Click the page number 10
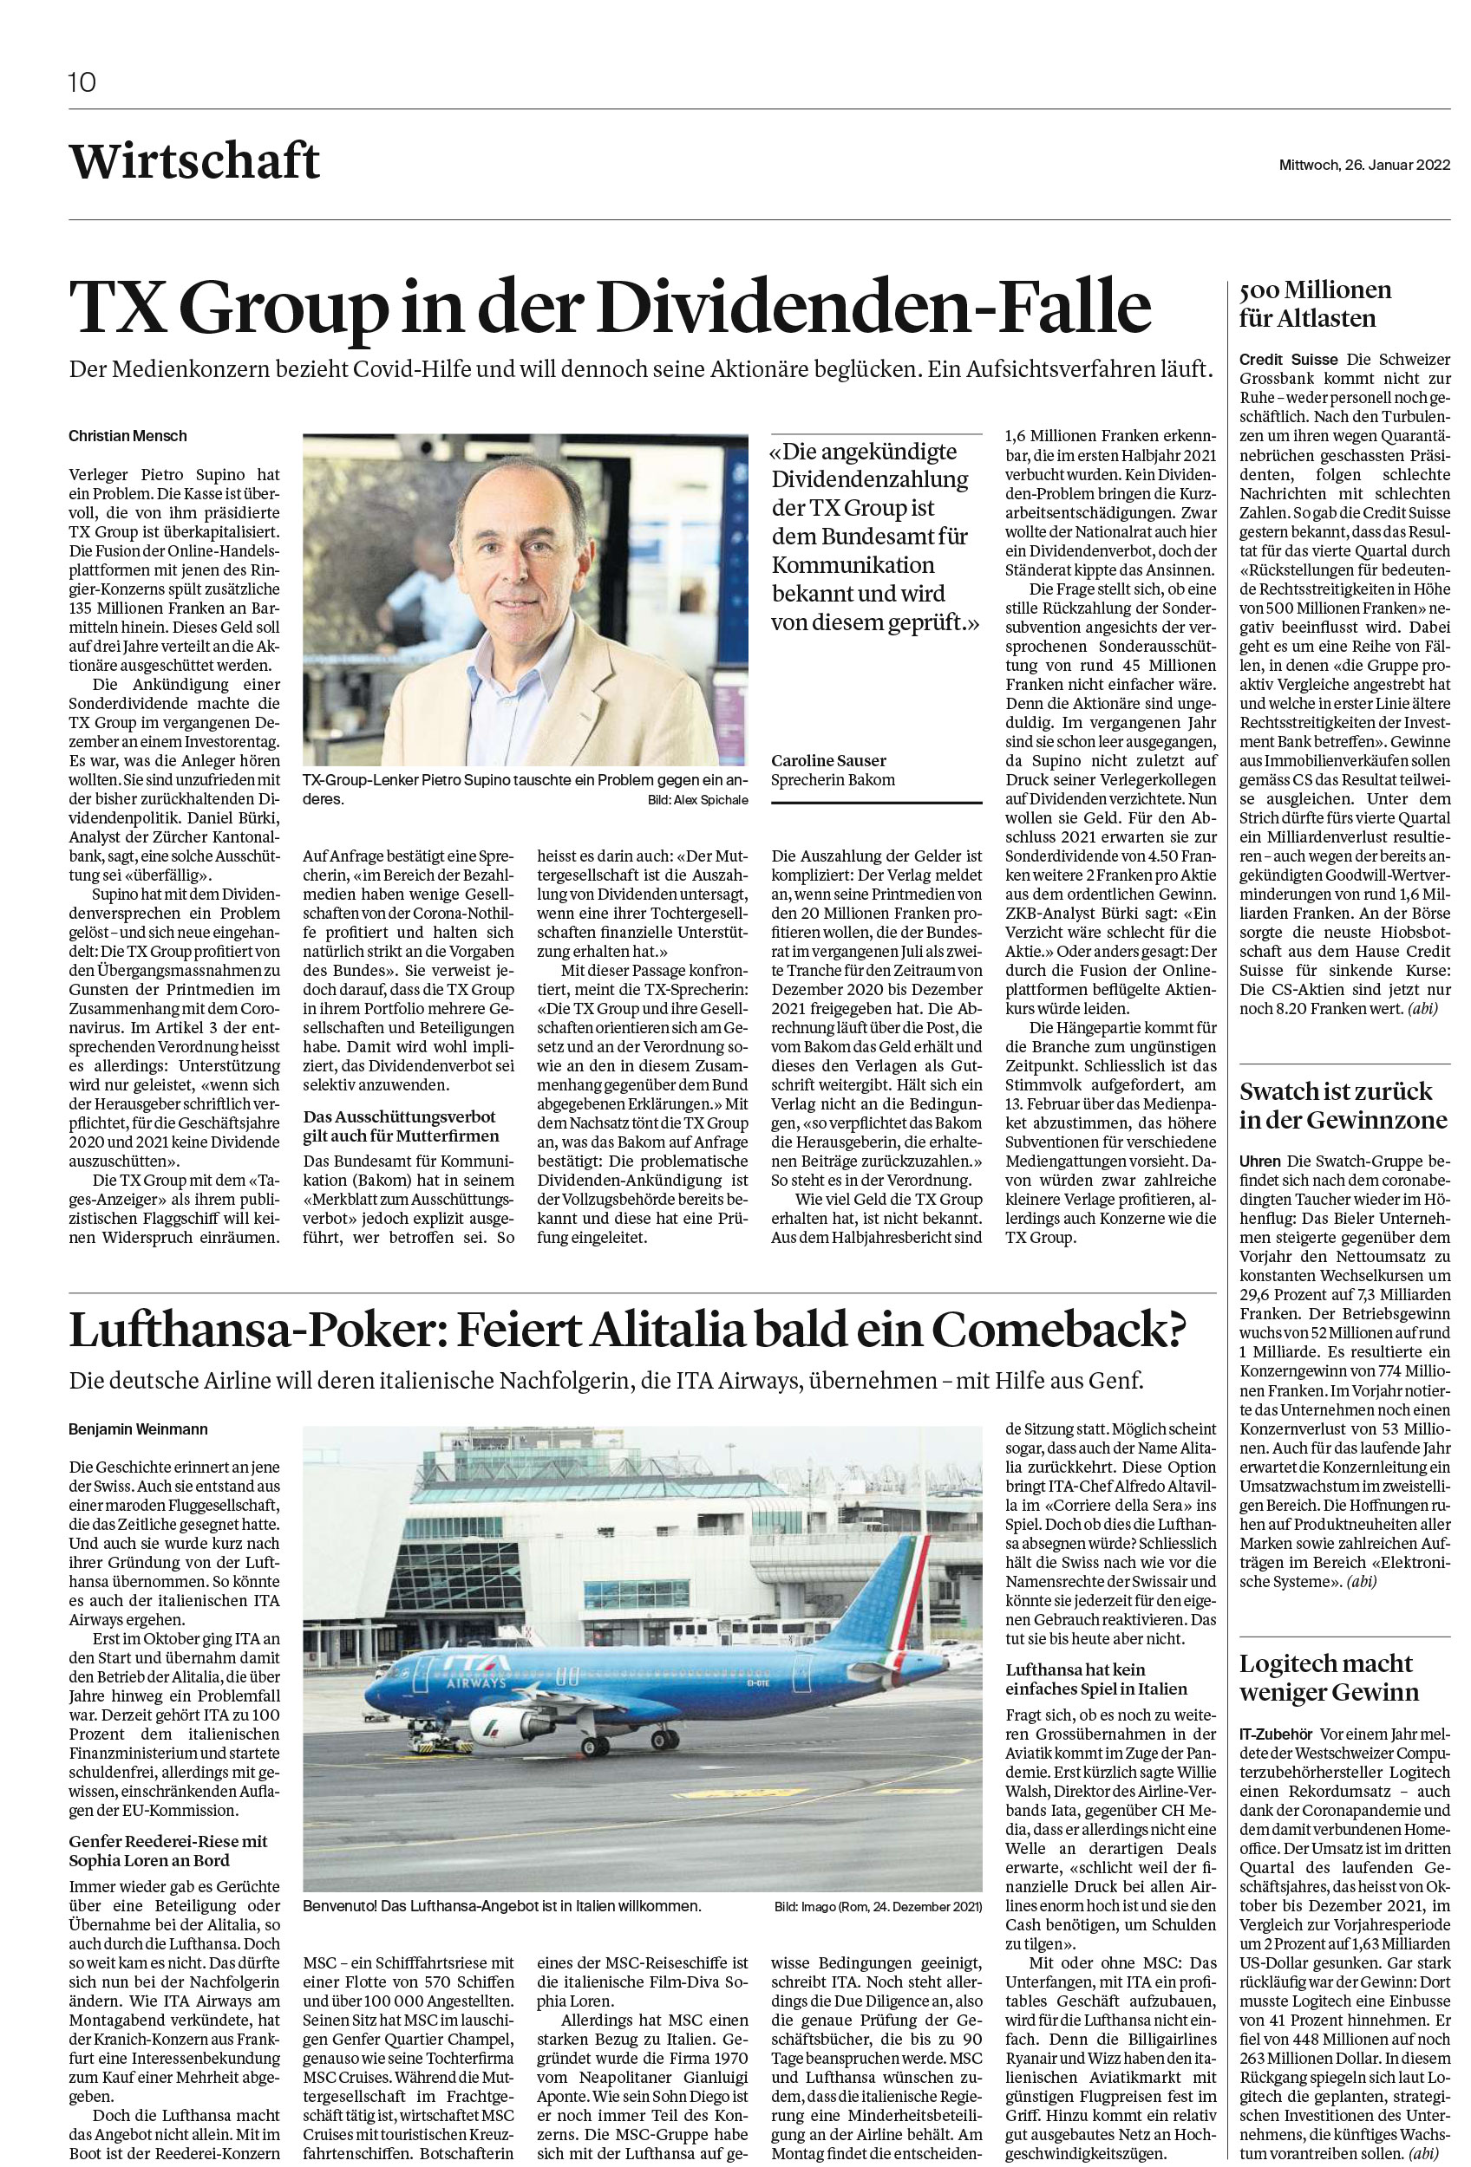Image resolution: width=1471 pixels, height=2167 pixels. pyautogui.click(x=82, y=83)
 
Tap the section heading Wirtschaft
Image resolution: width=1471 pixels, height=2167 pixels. pyautogui.click(x=194, y=161)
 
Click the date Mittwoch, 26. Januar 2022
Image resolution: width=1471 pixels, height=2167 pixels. pyautogui.click(x=1363, y=165)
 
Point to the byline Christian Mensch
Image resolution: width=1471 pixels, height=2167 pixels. pyautogui.click(x=127, y=435)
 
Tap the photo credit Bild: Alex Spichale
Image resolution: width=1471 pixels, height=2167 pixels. pyautogui.click(x=696, y=800)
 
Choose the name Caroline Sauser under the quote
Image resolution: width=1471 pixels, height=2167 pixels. pyautogui.click(x=828, y=761)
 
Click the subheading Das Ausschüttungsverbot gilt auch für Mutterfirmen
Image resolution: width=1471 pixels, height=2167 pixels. pyautogui.click(x=401, y=1126)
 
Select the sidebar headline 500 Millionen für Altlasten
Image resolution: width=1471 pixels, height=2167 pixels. pyautogui.click(x=1315, y=304)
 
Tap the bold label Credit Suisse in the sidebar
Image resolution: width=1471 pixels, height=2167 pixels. pyautogui.click(x=1288, y=360)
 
